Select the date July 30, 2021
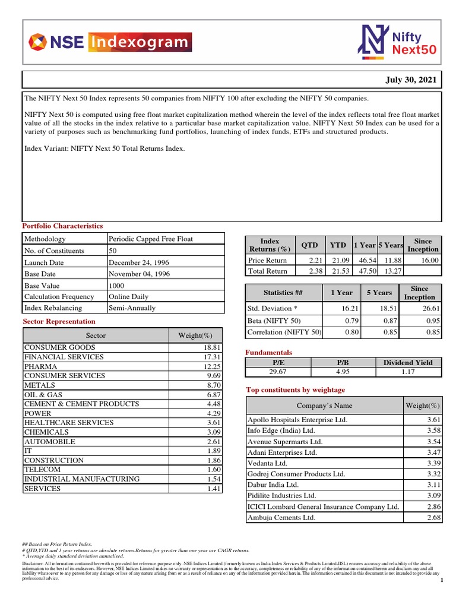(x=411, y=80)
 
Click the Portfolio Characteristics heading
(x=62, y=226)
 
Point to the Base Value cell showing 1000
(x=117, y=285)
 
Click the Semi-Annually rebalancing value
(x=132, y=308)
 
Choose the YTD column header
(x=338, y=245)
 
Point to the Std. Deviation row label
(x=272, y=309)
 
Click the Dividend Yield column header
(x=408, y=362)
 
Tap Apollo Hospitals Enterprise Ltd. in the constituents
(x=297, y=420)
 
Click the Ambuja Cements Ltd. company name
(x=281, y=518)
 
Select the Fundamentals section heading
(x=268, y=353)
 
